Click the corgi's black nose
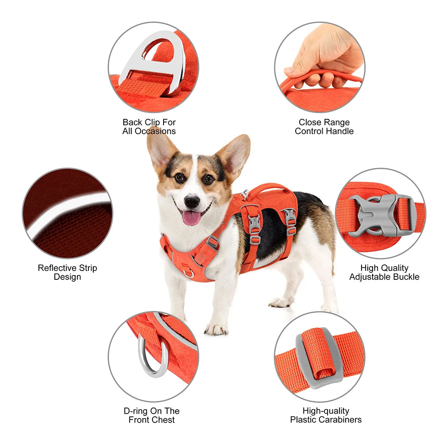pos(192,202)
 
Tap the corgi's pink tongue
pos(191,218)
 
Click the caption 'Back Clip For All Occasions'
pos(149,126)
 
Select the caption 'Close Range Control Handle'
pos(324,126)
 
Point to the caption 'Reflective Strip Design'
pos(67,272)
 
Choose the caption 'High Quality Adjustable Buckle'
pos(384,272)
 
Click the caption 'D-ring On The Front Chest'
pos(152,415)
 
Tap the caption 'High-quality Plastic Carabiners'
pos(326,415)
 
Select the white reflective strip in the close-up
pos(66,212)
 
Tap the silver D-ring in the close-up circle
pos(152,358)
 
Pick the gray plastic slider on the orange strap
pos(318,358)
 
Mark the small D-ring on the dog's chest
pos(189,273)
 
